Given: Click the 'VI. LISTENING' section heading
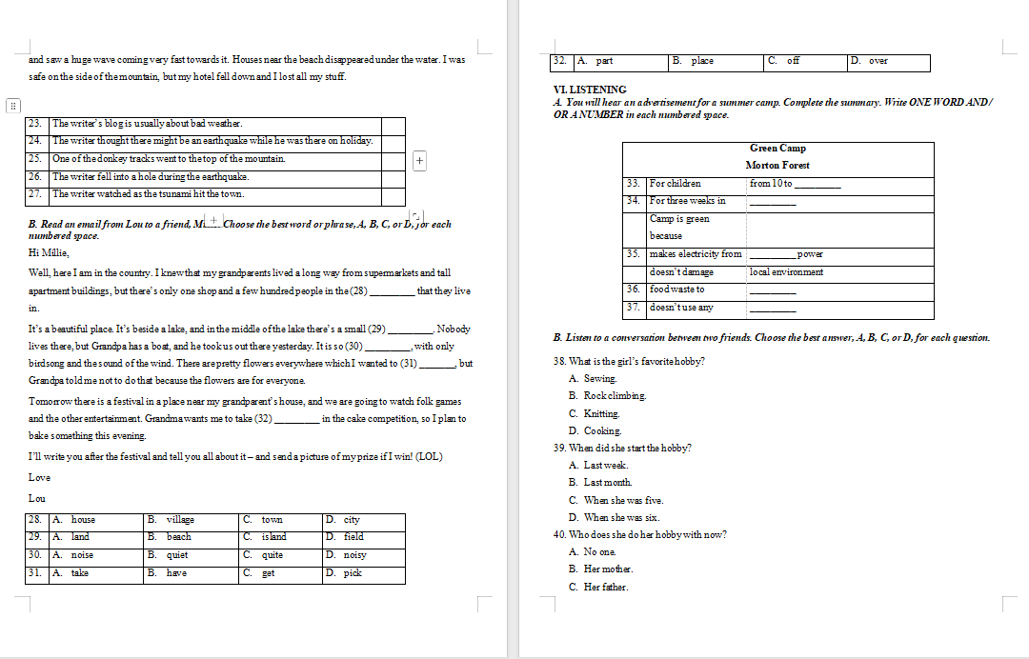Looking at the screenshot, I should point(590,90).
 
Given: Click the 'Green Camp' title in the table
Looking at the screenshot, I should point(777,148).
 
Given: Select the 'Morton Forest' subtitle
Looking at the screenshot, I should point(777,165).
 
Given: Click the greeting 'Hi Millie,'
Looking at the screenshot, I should point(49,252).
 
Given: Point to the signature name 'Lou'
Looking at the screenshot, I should point(37,499).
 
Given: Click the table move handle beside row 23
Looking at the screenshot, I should point(13,106).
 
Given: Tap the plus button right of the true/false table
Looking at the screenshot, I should point(419,160).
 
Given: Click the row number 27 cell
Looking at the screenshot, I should point(36,194).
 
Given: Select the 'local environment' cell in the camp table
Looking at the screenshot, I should point(787,272).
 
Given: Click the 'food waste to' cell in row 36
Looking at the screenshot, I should point(677,290).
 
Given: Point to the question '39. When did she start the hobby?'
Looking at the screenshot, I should point(622,449).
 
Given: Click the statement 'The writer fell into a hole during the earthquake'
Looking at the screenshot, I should point(151,177).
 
